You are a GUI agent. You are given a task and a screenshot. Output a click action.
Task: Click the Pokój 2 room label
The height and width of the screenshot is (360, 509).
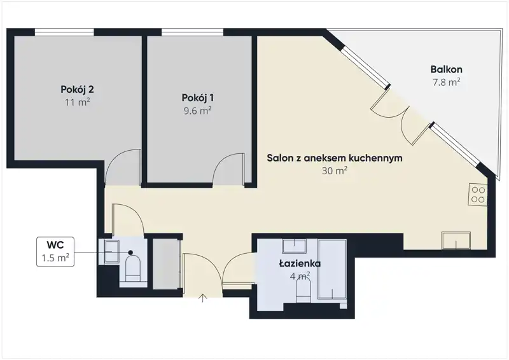[77, 89]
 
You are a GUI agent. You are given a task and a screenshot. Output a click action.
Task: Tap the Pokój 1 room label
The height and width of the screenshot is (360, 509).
[198, 98]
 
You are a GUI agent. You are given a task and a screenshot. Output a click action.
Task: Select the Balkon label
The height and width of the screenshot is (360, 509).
[447, 69]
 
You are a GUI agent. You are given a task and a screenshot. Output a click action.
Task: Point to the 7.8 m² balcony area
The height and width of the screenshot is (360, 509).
[447, 82]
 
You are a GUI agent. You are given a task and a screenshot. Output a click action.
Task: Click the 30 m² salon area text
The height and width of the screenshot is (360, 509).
[335, 170]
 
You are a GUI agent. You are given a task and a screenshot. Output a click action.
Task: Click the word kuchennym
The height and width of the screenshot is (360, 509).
[375, 158]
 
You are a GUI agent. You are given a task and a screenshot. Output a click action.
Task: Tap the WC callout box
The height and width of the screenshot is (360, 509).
[55, 252]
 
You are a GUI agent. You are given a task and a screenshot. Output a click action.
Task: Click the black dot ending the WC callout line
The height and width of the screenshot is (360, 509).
[130, 253]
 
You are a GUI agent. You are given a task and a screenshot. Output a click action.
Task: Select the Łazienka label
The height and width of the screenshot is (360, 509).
[300, 263]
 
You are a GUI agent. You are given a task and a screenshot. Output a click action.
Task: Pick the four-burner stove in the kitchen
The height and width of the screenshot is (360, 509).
[478, 195]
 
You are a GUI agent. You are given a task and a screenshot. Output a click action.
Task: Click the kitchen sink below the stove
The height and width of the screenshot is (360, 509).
[456, 240]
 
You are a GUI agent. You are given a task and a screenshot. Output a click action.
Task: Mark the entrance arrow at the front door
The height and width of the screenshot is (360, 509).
[202, 298]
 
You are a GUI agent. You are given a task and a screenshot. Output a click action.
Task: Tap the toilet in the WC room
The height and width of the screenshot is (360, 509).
[133, 268]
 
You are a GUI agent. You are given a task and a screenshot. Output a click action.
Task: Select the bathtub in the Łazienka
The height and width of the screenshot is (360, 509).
[332, 269]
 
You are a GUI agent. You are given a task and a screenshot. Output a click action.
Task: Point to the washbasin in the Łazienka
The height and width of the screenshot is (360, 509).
[295, 246]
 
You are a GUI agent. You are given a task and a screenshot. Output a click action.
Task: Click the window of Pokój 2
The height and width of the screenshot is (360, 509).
[64, 32]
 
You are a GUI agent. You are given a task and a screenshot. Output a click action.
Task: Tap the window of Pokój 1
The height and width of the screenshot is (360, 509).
[192, 32]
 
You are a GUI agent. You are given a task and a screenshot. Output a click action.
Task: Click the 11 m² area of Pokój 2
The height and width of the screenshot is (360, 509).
[77, 102]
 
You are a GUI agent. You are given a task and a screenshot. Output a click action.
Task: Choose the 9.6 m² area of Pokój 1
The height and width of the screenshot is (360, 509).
[198, 111]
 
